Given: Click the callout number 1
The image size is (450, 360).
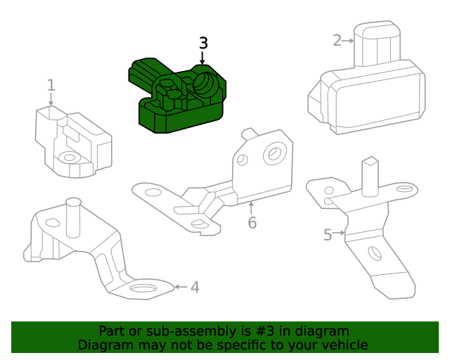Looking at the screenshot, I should click(x=51, y=86).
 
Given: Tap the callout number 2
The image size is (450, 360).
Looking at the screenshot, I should click(x=337, y=40).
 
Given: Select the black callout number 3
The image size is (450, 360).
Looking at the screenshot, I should click(x=203, y=43).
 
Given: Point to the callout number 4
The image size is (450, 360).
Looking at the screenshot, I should click(x=195, y=287).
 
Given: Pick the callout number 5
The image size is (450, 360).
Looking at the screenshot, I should click(x=328, y=235).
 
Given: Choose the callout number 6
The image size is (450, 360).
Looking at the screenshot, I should click(x=252, y=223).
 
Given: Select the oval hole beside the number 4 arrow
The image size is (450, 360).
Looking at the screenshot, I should click(x=144, y=288).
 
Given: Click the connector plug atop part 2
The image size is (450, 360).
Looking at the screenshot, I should click(x=378, y=44).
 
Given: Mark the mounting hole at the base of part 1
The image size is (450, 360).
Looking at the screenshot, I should click(x=68, y=157).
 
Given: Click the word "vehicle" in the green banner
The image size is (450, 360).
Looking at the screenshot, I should click(x=342, y=345).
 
